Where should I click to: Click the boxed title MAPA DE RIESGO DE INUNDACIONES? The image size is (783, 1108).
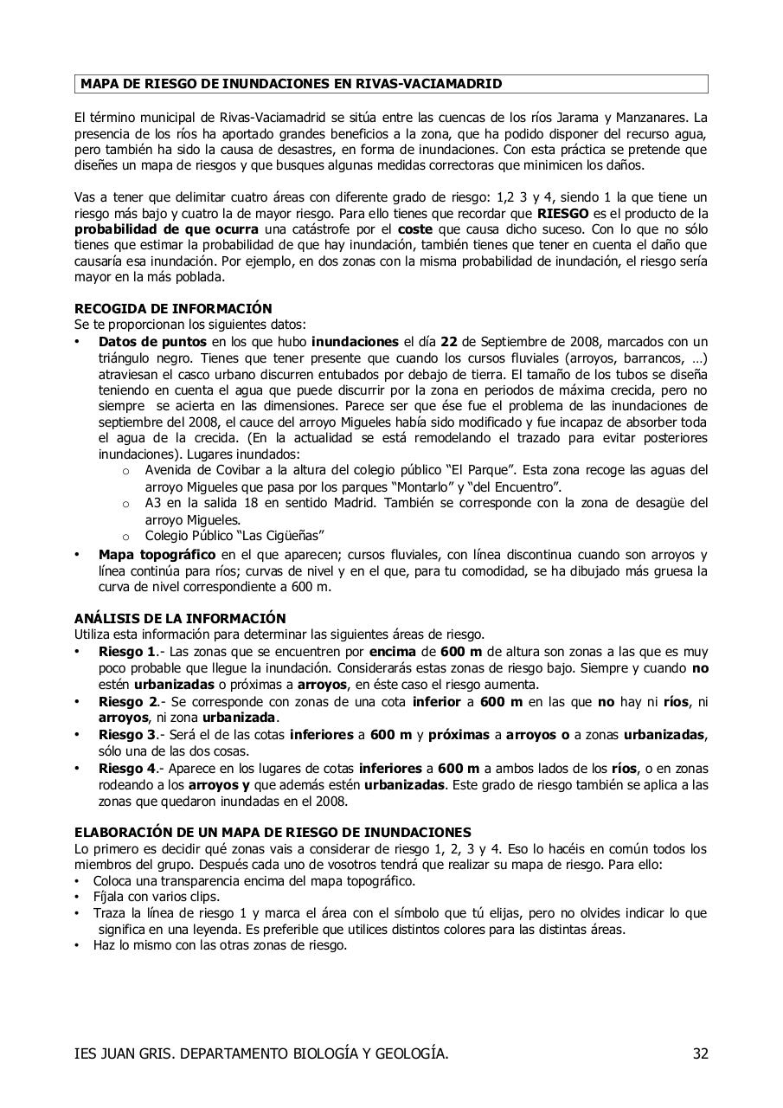coord(291,84)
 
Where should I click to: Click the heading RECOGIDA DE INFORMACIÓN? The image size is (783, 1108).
coord(173,308)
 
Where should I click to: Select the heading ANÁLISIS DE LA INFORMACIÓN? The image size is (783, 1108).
coord(180,618)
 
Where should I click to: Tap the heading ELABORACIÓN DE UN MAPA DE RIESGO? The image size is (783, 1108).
coord(273,832)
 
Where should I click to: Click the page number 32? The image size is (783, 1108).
coord(700,1053)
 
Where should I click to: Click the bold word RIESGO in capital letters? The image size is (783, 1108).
coord(562,213)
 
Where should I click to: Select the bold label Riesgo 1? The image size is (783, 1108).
coord(126,652)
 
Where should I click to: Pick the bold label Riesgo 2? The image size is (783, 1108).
coord(127,702)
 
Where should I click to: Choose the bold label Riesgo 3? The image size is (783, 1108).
coord(127,735)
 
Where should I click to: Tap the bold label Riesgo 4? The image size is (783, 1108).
coord(127,769)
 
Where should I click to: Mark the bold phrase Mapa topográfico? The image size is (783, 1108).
coord(157,555)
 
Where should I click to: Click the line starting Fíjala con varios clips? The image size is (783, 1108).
coord(156,897)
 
